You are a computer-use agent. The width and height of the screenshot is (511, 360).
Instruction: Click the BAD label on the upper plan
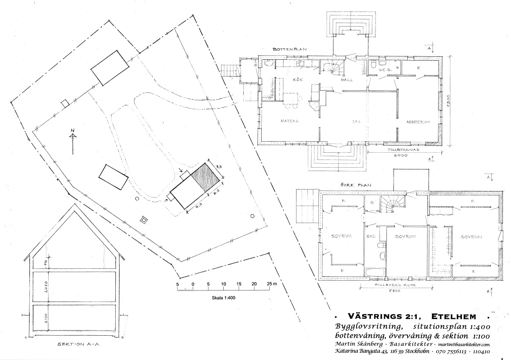tap(370, 237)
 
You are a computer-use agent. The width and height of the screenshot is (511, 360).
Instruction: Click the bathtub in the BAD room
tap(376, 272)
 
